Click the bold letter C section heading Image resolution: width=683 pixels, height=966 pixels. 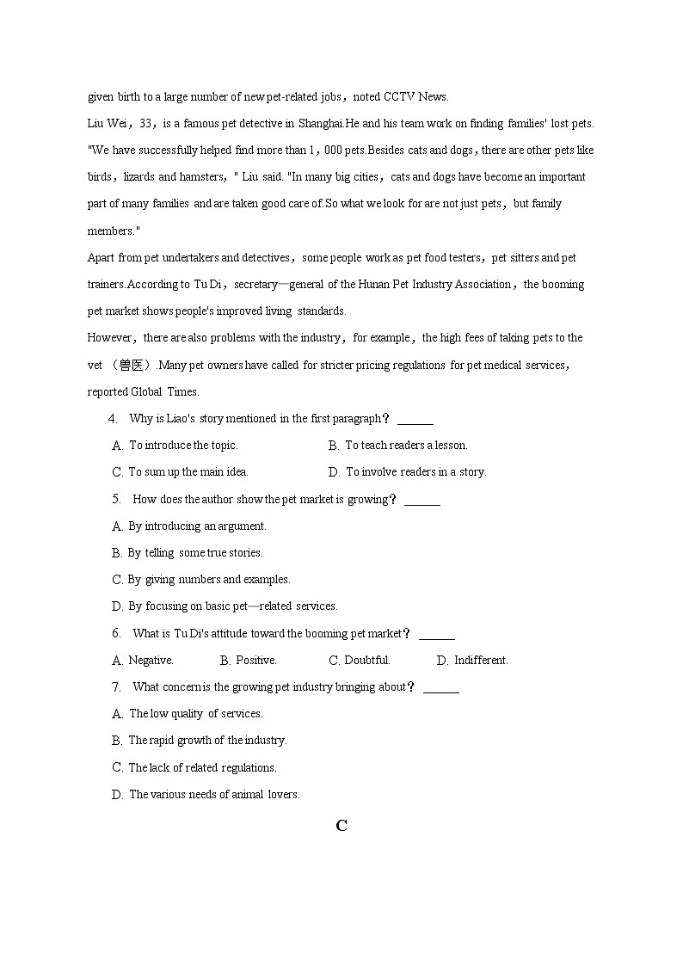pos(341,826)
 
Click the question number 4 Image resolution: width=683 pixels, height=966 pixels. pos(113,419)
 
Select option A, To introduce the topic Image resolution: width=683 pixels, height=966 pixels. pos(175,446)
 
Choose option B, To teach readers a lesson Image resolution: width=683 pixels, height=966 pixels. pos(398,446)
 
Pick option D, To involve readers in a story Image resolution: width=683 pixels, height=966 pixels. pos(408,472)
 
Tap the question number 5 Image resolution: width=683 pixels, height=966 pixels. pos(116,499)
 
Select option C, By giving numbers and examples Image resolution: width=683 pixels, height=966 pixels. pos(201,580)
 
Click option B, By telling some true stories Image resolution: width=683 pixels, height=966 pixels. pos(188,553)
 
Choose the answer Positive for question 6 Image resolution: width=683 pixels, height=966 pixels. pos(249,661)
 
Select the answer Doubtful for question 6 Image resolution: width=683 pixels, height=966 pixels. pos(360,661)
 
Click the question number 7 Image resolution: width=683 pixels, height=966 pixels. pos(116,687)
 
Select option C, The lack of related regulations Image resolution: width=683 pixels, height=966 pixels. pos(194,767)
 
